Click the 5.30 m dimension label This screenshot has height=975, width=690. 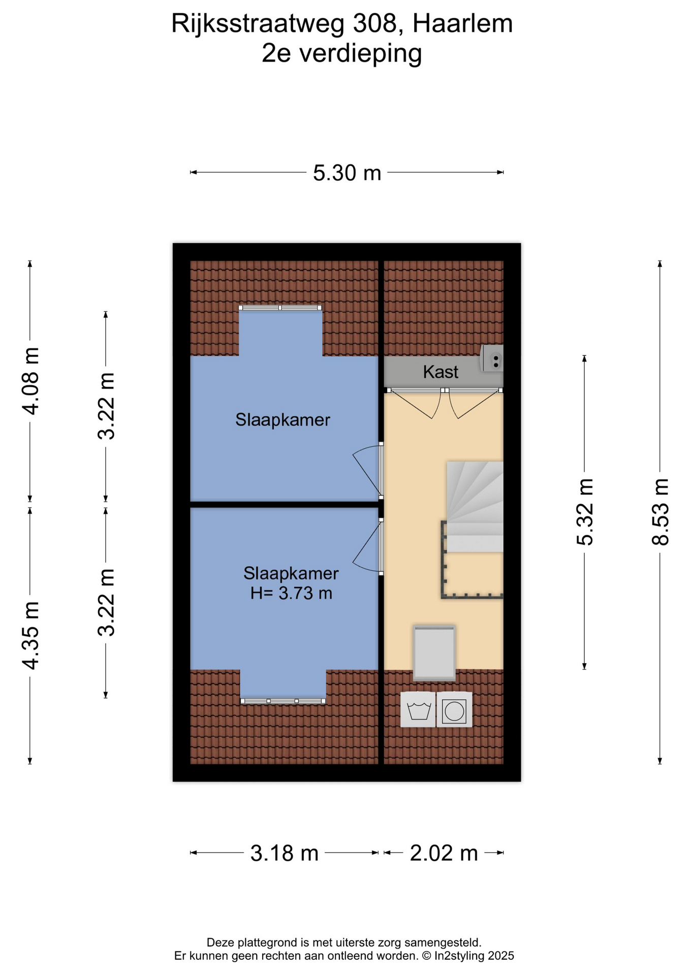347,173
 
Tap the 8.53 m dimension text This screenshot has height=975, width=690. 660,512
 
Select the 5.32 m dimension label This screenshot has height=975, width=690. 585,512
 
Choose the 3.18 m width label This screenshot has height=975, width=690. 284,853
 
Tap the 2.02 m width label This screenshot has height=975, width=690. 444,853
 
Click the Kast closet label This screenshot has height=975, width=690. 441,372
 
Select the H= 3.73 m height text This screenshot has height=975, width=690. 291,593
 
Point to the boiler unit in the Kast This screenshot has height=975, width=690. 492,358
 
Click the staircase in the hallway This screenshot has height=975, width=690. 475,507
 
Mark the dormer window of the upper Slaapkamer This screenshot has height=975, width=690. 280,308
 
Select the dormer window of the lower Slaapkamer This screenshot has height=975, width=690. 283,701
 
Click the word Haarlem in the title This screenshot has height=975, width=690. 462,24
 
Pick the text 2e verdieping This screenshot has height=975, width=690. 341,54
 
